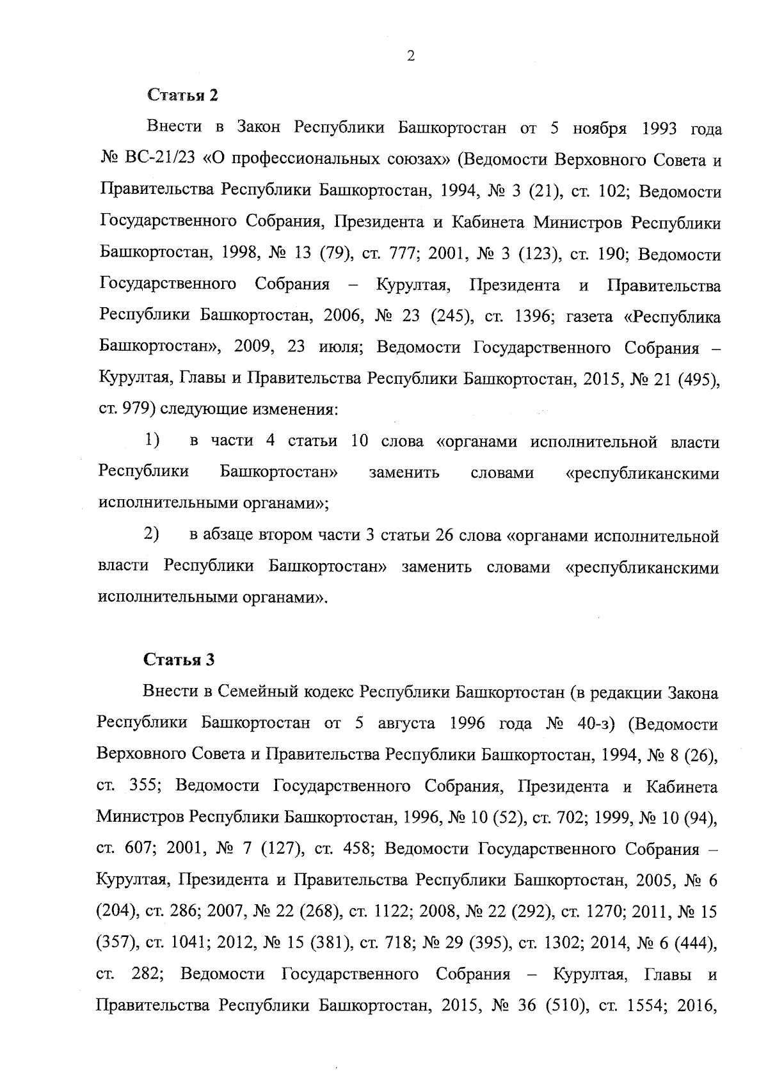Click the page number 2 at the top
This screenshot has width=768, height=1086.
click(410, 56)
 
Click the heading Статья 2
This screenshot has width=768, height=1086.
click(183, 95)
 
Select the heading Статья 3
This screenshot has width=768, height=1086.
click(179, 660)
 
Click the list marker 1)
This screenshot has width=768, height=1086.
click(152, 441)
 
